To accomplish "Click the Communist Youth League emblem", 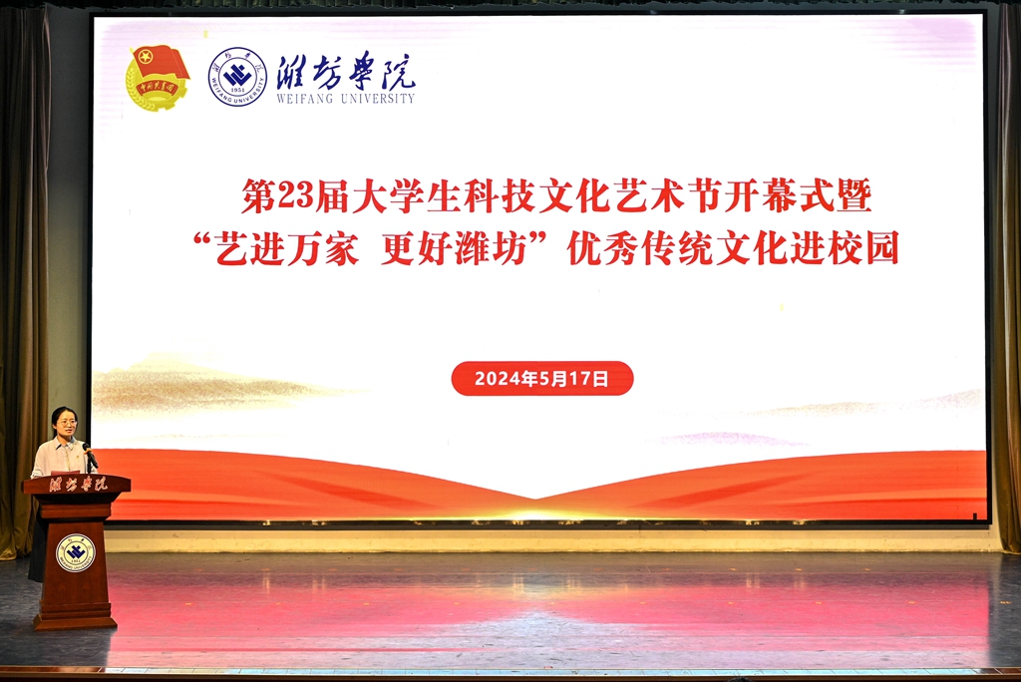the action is (x=157, y=78).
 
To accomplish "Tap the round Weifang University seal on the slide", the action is (x=237, y=77).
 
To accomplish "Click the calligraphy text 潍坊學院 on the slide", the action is (x=346, y=71).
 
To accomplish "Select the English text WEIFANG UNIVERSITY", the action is (x=345, y=99).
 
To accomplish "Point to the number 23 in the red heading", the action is (x=295, y=194).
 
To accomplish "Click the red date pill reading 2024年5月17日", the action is (x=541, y=379).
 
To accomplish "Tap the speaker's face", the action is (x=66, y=424).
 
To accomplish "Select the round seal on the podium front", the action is (x=76, y=553).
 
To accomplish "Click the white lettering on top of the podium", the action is (x=77, y=484).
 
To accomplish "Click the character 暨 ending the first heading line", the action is (x=854, y=194).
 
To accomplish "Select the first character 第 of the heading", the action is (x=259, y=195).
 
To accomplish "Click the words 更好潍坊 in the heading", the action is (x=454, y=248).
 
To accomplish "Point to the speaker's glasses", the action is (x=67, y=423).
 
